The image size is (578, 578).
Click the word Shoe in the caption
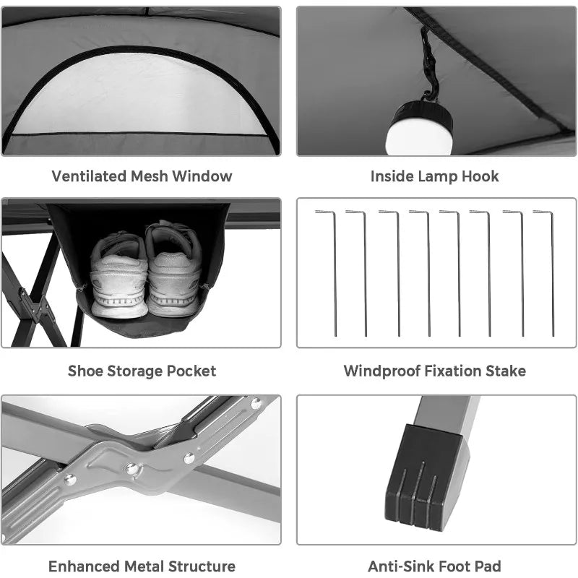85,371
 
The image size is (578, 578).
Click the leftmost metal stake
334,275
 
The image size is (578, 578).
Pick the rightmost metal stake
552,275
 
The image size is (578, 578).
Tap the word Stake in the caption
505,371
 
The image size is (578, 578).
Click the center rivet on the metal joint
132,469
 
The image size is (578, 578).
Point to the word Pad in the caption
488,566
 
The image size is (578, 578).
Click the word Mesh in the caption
147,176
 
